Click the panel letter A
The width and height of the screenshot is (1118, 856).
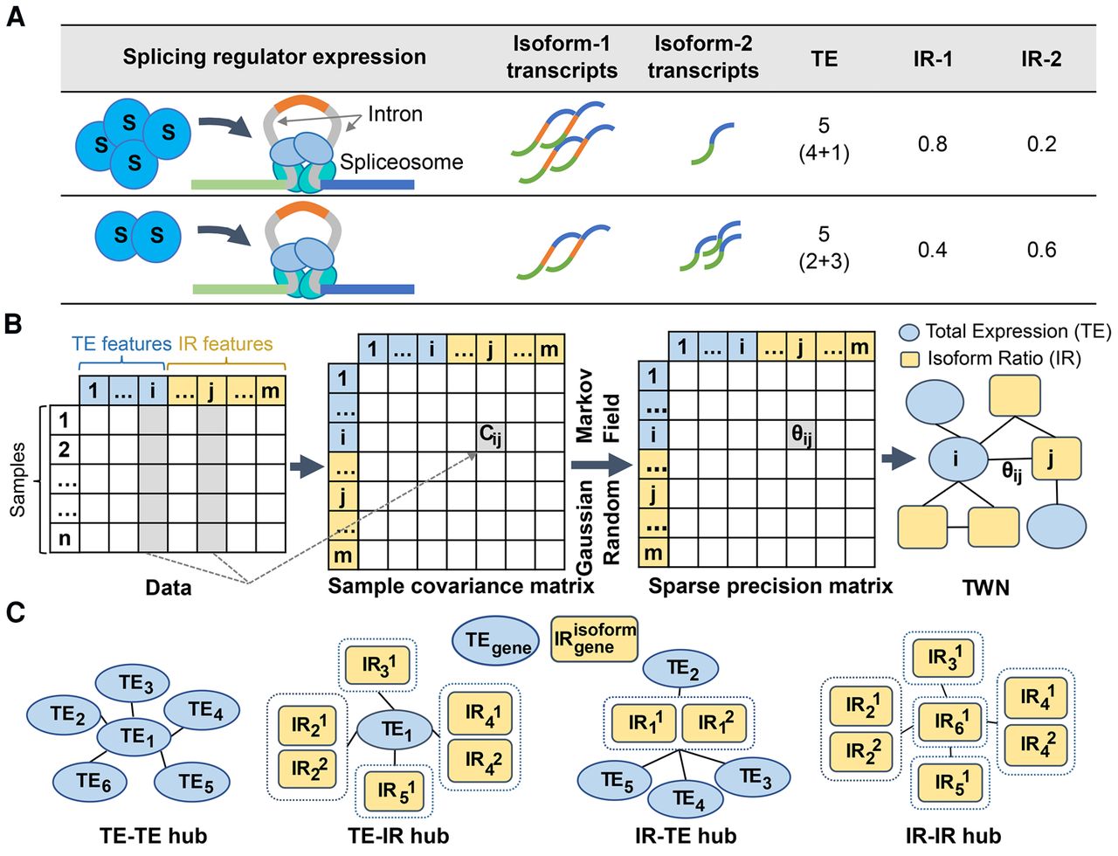15,17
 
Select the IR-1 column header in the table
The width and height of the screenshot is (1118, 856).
932,59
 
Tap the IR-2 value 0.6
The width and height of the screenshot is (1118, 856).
1041,250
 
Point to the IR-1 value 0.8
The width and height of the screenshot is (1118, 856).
932,144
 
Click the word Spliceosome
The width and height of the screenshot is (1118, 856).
401,162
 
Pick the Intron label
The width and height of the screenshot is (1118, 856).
395,114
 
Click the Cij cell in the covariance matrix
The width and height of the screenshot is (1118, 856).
491,435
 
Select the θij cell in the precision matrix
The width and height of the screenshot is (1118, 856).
802,435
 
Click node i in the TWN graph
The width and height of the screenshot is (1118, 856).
956,458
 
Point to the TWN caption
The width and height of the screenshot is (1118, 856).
985,587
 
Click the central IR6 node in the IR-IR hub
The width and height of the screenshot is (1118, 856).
951,722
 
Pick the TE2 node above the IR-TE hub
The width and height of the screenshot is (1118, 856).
681,670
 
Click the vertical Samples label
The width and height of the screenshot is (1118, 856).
18,480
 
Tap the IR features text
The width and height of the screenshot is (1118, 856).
225,344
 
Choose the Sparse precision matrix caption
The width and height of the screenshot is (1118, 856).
770,585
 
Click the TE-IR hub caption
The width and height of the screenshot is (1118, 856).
398,836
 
